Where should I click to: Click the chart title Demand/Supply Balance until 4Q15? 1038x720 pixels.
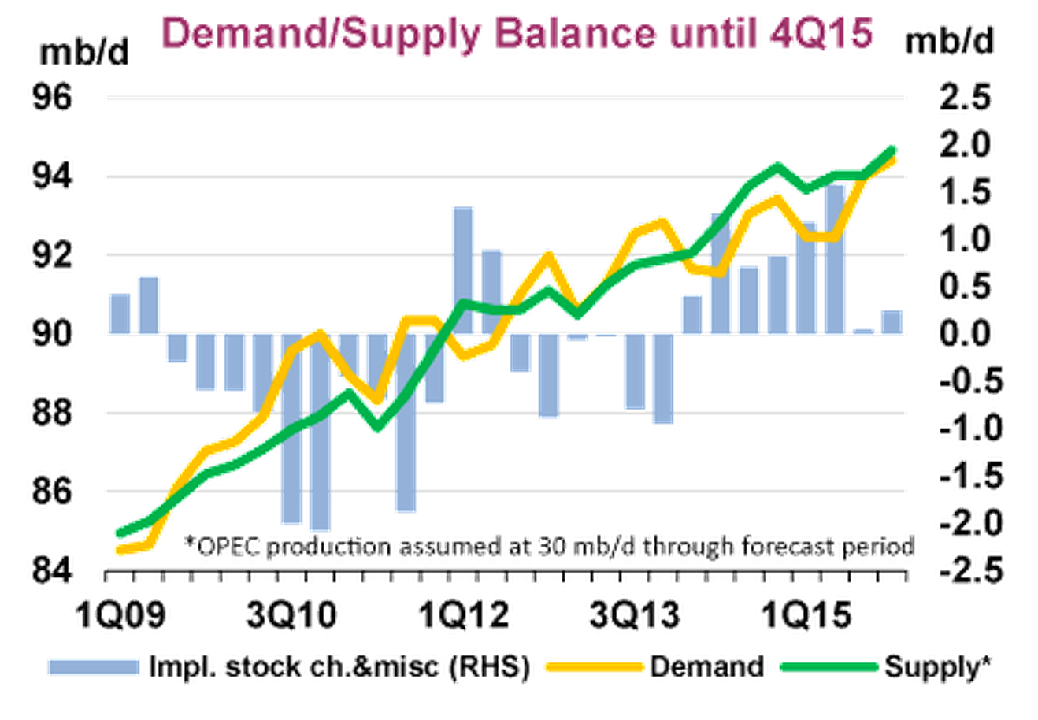point(517,34)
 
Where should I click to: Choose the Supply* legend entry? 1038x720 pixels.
point(936,667)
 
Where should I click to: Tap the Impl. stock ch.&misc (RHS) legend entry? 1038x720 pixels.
point(338,667)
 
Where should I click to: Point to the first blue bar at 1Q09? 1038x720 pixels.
point(120,314)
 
